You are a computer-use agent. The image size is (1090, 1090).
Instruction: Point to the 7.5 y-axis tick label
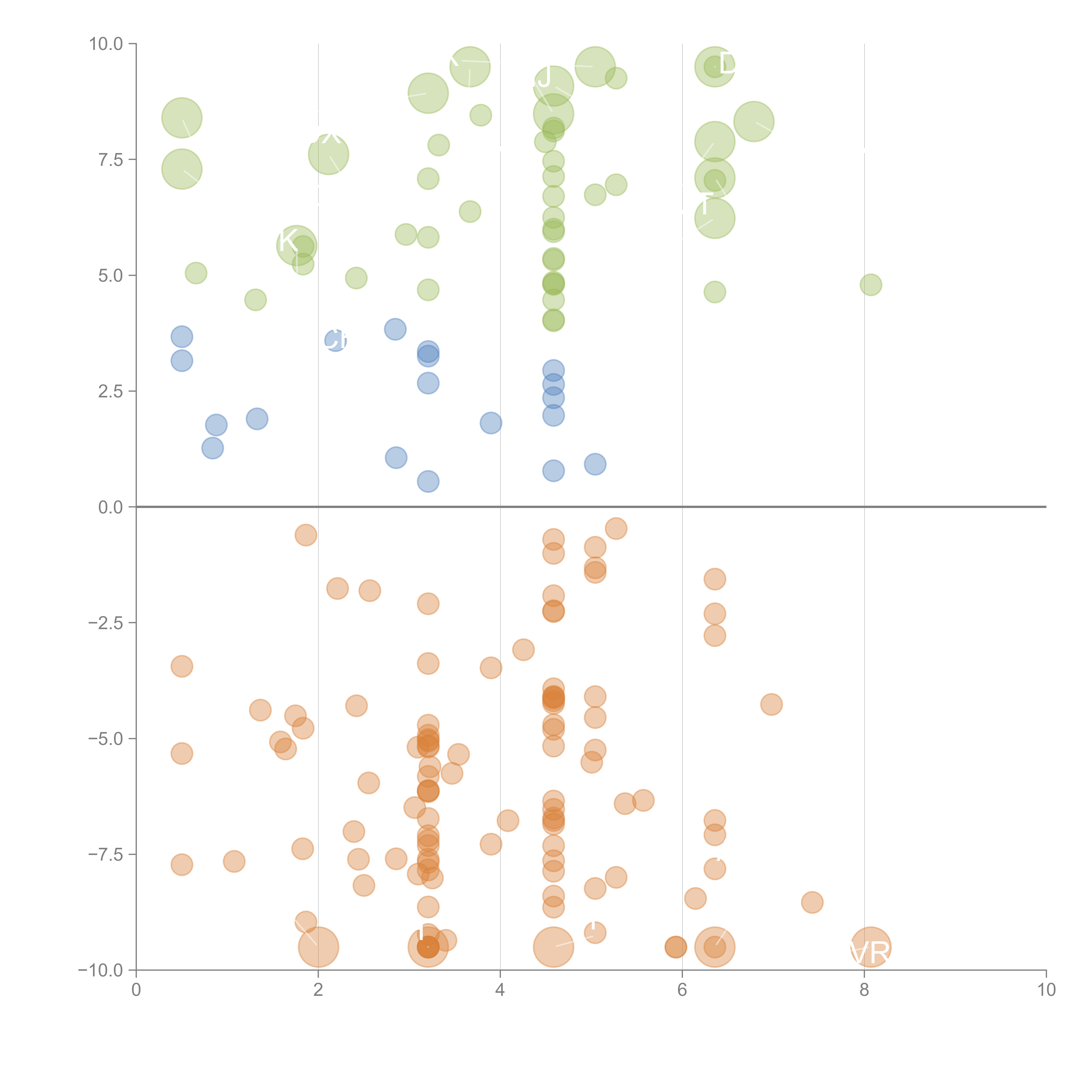point(110,160)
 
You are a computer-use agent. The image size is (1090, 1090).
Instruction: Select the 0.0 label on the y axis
point(110,507)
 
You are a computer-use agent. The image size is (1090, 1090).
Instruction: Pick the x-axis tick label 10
point(1046,990)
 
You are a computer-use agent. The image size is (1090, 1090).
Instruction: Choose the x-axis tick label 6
point(682,990)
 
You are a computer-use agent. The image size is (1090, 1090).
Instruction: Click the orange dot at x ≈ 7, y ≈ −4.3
point(771,704)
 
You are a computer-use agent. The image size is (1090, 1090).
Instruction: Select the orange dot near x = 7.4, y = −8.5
point(812,902)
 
